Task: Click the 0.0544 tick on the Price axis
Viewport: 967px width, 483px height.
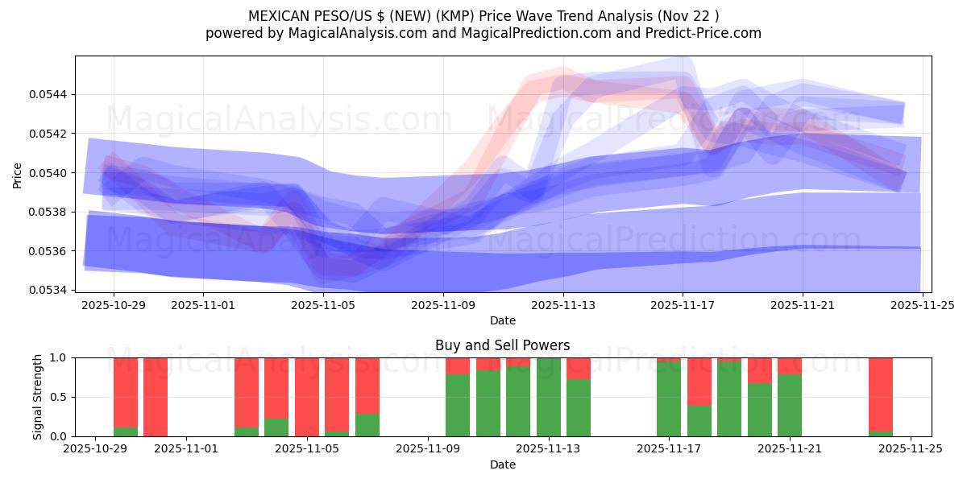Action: tap(49, 94)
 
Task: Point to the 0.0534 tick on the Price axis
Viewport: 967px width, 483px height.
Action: tap(49, 290)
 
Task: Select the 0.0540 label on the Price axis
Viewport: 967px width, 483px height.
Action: tap(49, 172)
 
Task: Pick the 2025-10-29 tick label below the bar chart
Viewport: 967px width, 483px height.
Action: tap(96, 450)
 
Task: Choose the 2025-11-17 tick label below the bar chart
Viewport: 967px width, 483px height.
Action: tap(669, 450)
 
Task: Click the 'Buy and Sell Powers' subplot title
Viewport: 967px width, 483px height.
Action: tap(502, 345)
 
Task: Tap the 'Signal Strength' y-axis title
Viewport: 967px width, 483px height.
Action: tap(38, 397)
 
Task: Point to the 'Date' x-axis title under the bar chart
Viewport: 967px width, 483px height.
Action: tap(502, 464)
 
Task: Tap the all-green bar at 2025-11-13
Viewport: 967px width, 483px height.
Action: tap(549, 397)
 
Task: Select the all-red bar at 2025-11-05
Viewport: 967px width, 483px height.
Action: tap(307, 397)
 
